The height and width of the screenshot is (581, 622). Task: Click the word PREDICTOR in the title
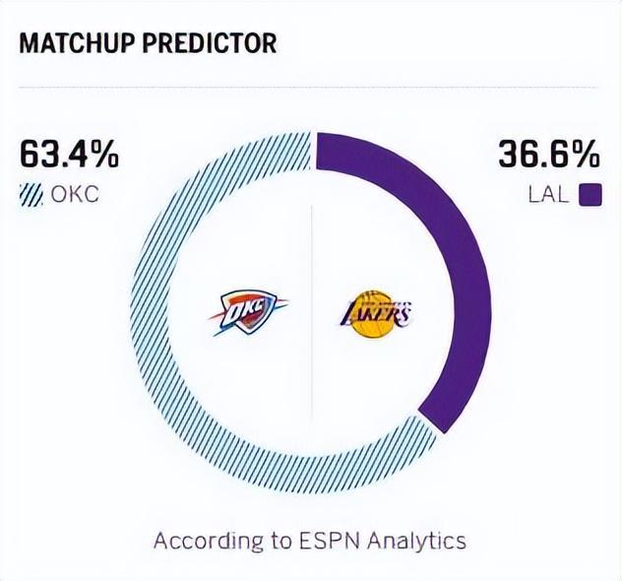(215, 43)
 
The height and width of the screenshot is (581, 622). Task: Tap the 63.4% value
(69, 155)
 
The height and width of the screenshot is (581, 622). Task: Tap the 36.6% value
(549, 155)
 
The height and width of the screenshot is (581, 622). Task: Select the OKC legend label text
(76, 194)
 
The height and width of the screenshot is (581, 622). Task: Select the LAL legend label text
(549, 194)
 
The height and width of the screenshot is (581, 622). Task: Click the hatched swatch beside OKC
(32, 194)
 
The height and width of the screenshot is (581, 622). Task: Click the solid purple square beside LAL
(590, 194)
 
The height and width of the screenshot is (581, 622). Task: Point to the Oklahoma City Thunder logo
(247, 312)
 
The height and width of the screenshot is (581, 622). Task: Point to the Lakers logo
(374, 314)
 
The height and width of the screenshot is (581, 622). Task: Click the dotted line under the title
(311, 87)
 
